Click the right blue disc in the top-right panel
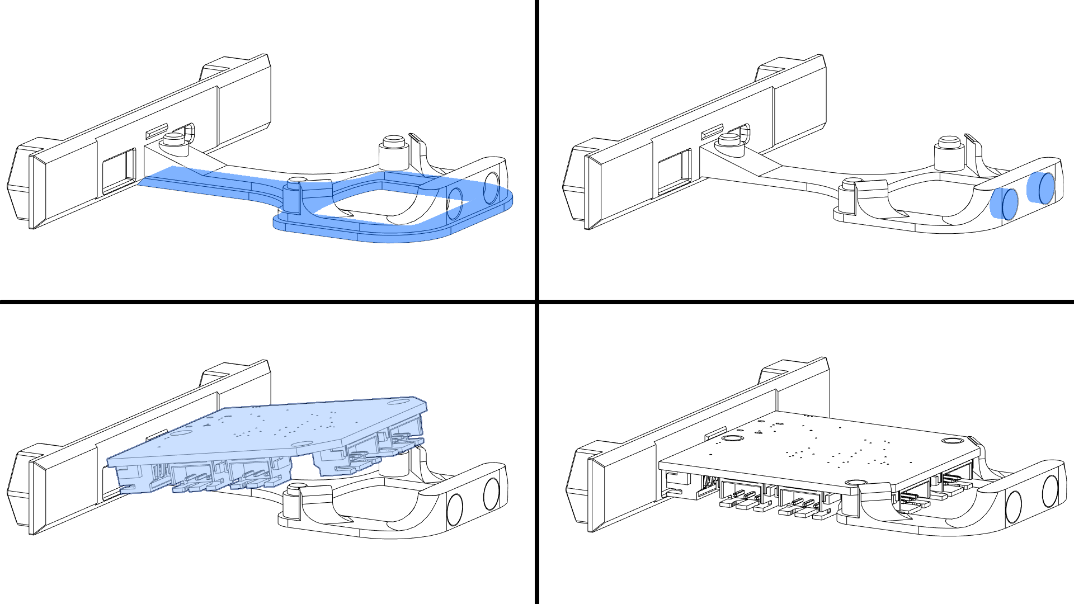coord(1042,188)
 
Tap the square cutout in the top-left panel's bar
coord(118,171)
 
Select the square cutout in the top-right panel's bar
coord(673,171)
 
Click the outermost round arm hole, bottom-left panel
coord(491,494)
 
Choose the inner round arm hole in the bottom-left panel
coord(455,509)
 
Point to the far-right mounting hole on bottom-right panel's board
coord(949,441)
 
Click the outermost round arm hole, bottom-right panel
coord(1049,491)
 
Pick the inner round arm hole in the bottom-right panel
coord(1014,508)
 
